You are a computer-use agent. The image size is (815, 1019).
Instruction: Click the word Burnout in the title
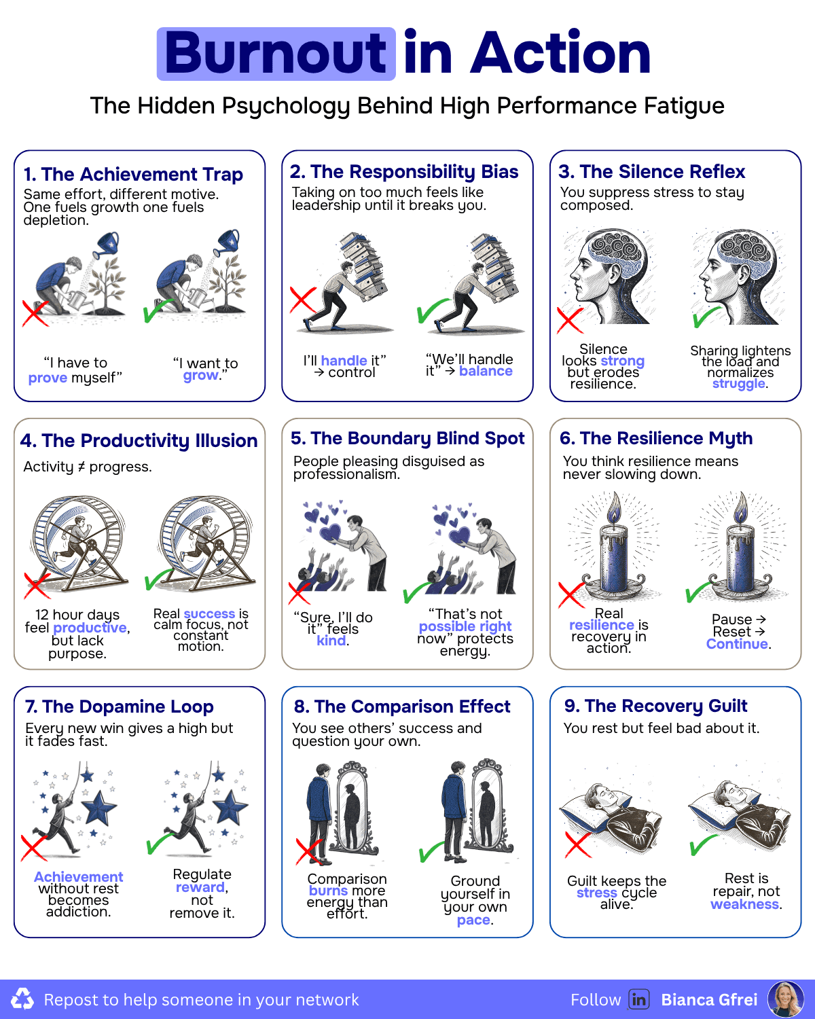[x=276, y=53]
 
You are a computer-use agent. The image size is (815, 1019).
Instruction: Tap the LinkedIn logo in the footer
[x=638, y=999]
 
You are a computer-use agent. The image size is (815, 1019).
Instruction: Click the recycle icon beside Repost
[x=22, y=999]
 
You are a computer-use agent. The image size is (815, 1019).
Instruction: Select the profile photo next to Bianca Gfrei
[x=785, y=999]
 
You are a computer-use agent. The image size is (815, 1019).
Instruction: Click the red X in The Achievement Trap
[x=35, y=313]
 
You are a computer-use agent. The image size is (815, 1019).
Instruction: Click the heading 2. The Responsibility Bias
[x=404, y=171]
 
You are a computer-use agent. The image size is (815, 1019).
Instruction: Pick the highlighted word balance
[x=486, y=371]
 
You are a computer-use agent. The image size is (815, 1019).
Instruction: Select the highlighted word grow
[x=201, y=376]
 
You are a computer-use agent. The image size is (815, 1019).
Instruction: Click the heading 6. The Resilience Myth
[x=656, y=438]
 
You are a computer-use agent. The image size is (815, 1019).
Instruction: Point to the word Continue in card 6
[x=737, y=644]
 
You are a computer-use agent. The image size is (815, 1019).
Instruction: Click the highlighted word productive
[x=90, y=628]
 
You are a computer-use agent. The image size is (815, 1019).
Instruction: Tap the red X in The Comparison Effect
[x=309, y=851]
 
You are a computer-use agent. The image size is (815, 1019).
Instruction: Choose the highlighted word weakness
[x=744, y=904]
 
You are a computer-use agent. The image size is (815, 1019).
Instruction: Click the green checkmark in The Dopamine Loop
[x=160, y=843]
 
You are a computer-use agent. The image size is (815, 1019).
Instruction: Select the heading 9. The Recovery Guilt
[x=655, y=706]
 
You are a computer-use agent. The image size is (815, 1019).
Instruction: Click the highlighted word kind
[x=331, y=641]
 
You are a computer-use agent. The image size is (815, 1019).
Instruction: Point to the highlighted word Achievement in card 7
[x=78, y=877]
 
